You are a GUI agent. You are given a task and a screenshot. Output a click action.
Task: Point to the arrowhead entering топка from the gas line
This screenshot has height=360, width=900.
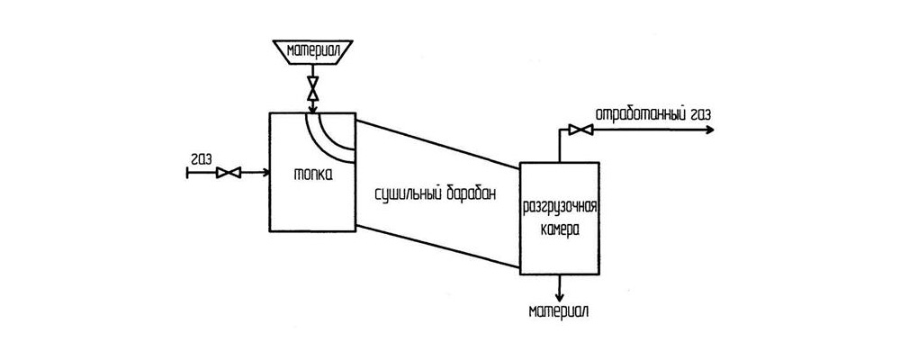click(264, 172)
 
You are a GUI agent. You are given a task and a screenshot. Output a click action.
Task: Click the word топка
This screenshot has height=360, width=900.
click(313, 175)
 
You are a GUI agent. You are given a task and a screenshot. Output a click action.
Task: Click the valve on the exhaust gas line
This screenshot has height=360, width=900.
click(582, 130)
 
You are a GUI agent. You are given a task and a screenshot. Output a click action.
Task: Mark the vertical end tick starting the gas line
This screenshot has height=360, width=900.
click(186, 172)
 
